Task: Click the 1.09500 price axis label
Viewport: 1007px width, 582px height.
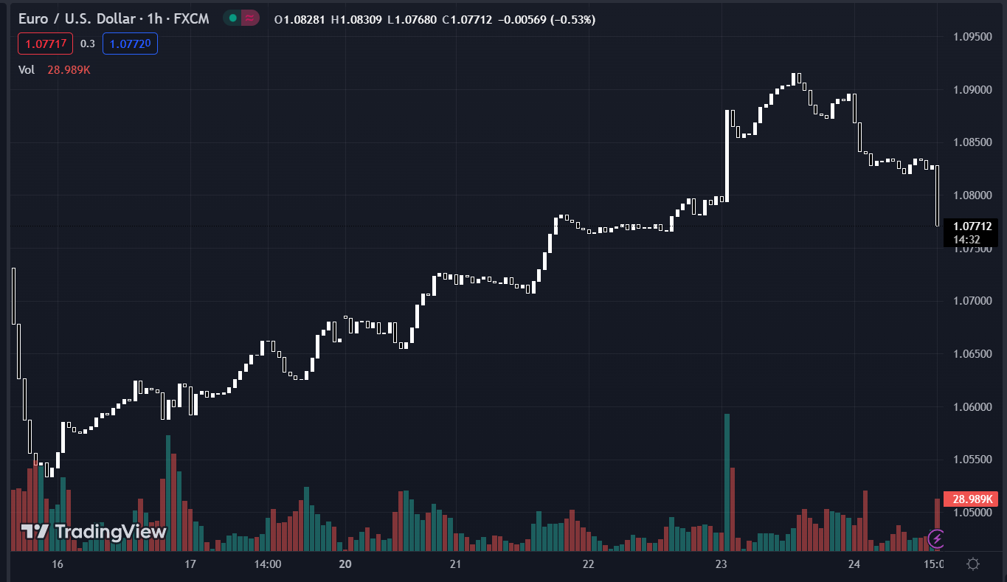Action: pyautogui.click(x=972, y=37)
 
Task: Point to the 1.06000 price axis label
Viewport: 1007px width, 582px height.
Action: pyautogui.click(x=972, y=407)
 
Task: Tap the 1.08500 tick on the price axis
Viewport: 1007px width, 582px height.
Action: pyautogui.click(x=972, y=142)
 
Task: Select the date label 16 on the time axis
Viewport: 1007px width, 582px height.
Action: pyautogui.click(x=58, y=564)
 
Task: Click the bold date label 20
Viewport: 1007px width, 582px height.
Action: pyautogui.click(x=345, y=564)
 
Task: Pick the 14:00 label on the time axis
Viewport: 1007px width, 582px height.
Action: pyautogui.click(x=268, y=564)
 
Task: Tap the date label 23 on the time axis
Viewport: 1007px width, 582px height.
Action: pyautogui.click(x=721, y=564)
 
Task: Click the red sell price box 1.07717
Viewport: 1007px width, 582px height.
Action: pyautogui.click(x=46, y=44)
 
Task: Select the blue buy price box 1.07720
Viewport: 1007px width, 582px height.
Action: pyautogui.click(x=130, y=44)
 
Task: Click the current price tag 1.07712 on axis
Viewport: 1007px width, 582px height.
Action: pyautogui.click(x=971, y=226)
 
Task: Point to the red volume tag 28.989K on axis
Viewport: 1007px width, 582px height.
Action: pyautogui.click(x=970, y=499)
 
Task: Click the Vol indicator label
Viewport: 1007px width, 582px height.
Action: pyautogui.click(x=27, y=69)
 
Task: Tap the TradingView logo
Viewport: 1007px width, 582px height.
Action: pyautogui.click(x=93, y=531)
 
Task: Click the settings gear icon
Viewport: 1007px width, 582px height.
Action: pyautogui.click(x=973, y=564)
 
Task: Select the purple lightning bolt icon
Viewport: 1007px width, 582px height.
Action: pyautogui.click(x=936, y=538)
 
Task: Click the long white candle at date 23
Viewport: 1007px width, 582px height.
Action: pyautogui.click(x=727, y=156)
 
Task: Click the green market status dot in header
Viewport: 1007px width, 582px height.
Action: pyautogui.click(x=233, y=18)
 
